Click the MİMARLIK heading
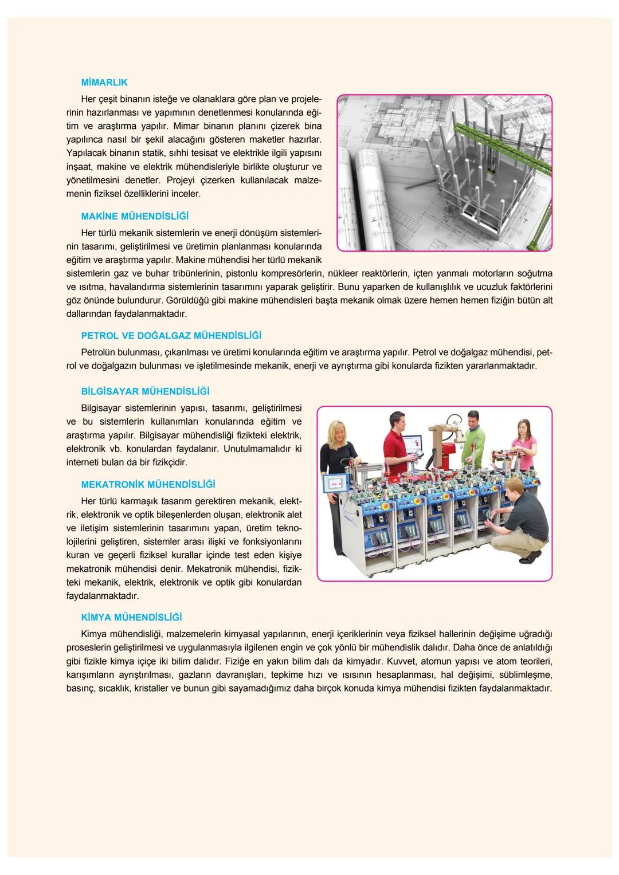104,83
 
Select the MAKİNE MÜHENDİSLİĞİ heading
135,217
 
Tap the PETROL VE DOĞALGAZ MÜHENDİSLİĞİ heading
171,336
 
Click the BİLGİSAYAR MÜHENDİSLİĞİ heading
145,391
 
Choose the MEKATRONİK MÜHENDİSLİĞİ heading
148,485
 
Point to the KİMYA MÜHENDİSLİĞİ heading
131,618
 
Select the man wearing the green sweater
473,438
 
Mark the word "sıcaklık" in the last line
115,689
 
